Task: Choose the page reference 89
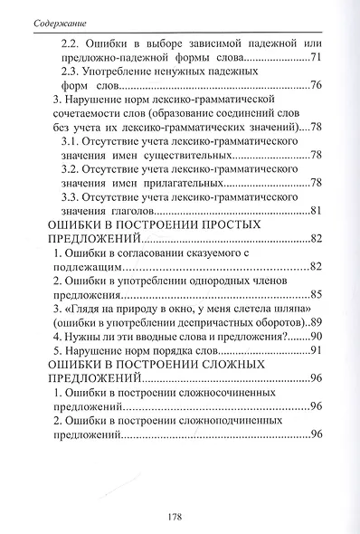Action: (x=316, y=322)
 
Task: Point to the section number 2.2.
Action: (x=71, y=43)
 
